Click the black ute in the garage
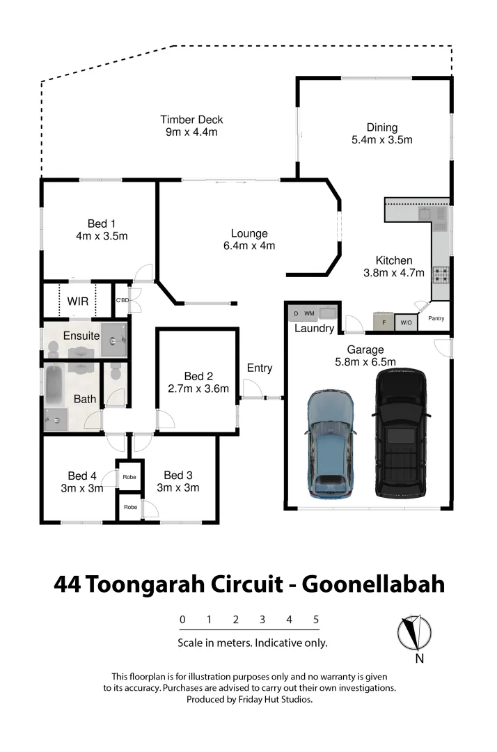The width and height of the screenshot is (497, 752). tap(401, 433)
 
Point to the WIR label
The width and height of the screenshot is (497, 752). tap(77, 301)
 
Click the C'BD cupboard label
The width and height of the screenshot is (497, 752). tap(123, 301)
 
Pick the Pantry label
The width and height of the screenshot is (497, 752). tap(436, 319)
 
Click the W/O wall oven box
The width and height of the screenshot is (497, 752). tap(406, 323)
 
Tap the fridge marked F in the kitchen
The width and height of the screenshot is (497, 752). tap(383, 322)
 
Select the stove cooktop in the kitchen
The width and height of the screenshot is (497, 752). tap(441, 275)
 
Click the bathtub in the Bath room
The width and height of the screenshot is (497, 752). tap(54, 387)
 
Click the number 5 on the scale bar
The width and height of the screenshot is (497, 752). tap(316, 619)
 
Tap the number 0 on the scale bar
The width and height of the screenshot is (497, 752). tap(182, 619)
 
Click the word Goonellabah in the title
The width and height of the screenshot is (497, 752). tap(372, 583)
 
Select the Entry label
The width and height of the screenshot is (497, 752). tap(260, 368)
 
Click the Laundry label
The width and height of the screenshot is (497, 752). tap(314, 328)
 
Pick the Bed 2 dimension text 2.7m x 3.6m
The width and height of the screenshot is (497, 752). tap(198, 389)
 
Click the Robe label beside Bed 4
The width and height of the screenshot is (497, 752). tap(129, 478)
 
